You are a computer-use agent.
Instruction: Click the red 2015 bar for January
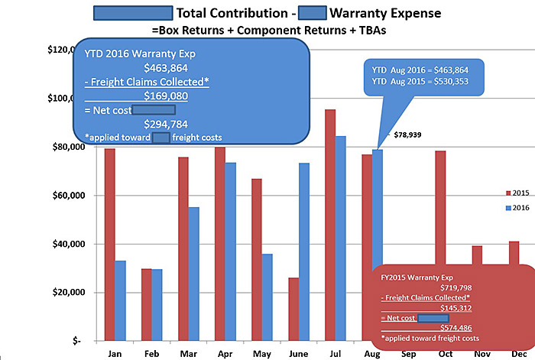[110, 245]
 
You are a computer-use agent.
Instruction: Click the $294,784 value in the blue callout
[166, 124]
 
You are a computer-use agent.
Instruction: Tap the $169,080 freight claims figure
[166, 96]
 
